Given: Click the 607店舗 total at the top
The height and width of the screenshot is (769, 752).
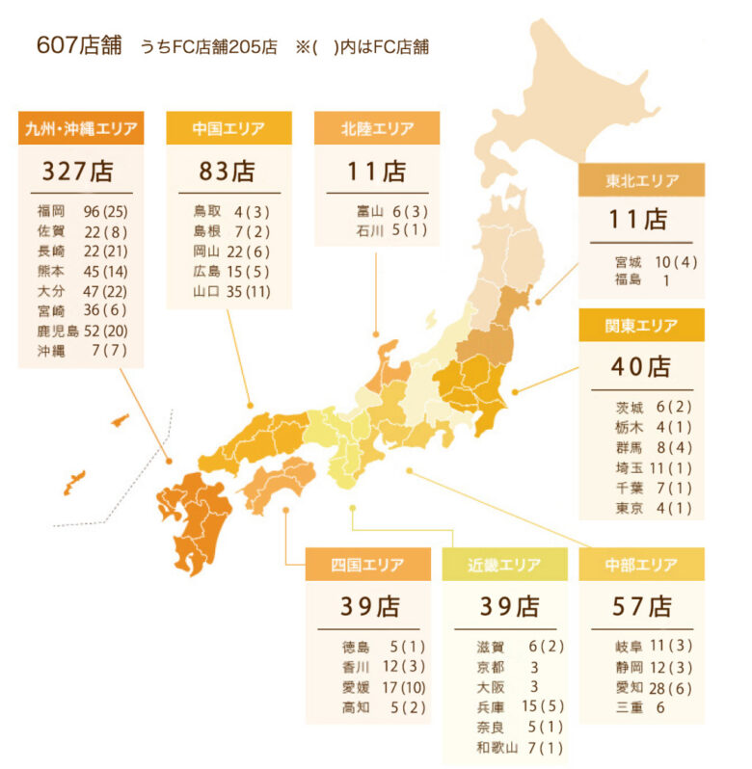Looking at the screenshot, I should (79, 45).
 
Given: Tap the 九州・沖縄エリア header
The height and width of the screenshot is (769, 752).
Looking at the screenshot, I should (80, 128).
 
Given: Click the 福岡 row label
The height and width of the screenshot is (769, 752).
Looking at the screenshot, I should (51, 210).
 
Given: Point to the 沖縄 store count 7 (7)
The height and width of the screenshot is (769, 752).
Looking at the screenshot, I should (106, 352).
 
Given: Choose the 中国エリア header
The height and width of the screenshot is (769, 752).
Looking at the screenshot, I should (228, 128).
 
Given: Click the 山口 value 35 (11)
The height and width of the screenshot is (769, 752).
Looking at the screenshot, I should (252, 291).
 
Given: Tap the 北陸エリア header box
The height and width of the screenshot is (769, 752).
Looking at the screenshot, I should (377, 128).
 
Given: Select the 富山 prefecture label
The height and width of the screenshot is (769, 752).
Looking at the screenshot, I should (369, 210).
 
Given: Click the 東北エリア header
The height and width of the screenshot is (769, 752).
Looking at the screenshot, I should (641, 180).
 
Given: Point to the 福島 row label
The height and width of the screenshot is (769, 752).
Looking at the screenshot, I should (628, 280).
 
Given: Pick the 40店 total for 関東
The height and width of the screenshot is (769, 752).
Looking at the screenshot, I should (640, 367).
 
